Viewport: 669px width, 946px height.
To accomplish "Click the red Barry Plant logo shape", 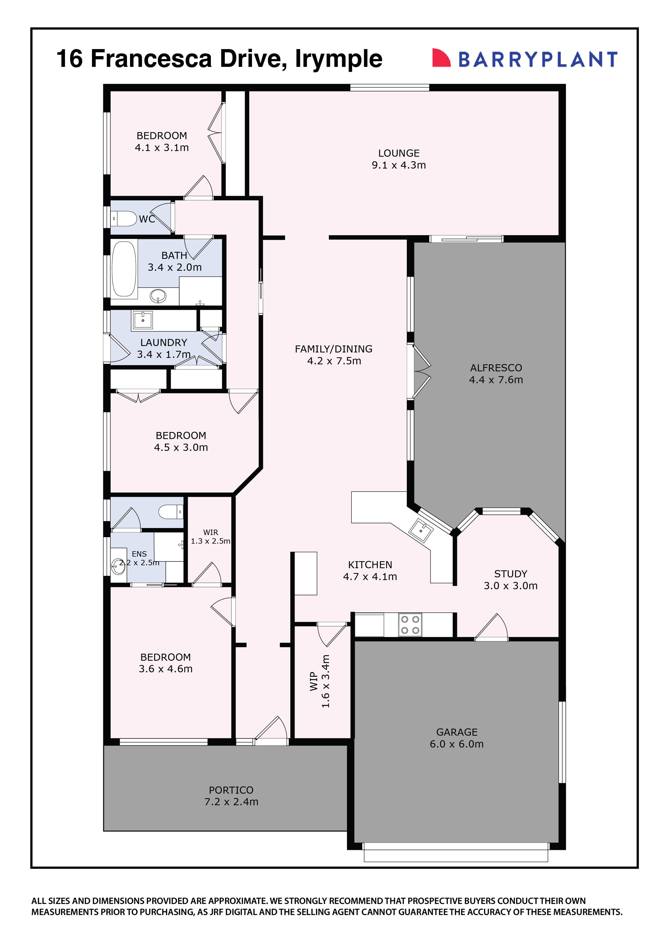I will [x=440, y=58].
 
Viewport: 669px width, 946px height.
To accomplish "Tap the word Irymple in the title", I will [x=339, y=59].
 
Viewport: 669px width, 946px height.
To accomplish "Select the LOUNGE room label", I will [x=399, y=153].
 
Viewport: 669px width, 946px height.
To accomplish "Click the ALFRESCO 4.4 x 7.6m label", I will [x=496, y=374].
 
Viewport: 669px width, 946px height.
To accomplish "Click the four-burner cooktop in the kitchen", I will [x=410, y=625].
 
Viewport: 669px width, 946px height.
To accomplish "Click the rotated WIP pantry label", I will [x=319, y=681].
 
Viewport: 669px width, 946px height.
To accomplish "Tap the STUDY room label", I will [x=510, y=574].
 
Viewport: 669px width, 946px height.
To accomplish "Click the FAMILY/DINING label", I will [x=333, y=349].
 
